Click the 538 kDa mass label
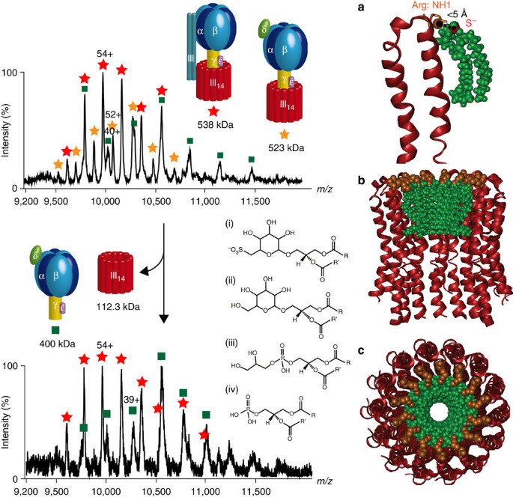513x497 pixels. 215,124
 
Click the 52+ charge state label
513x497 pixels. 114,114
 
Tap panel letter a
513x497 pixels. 362,7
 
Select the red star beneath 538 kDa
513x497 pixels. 215,111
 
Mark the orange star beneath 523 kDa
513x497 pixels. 284,134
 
